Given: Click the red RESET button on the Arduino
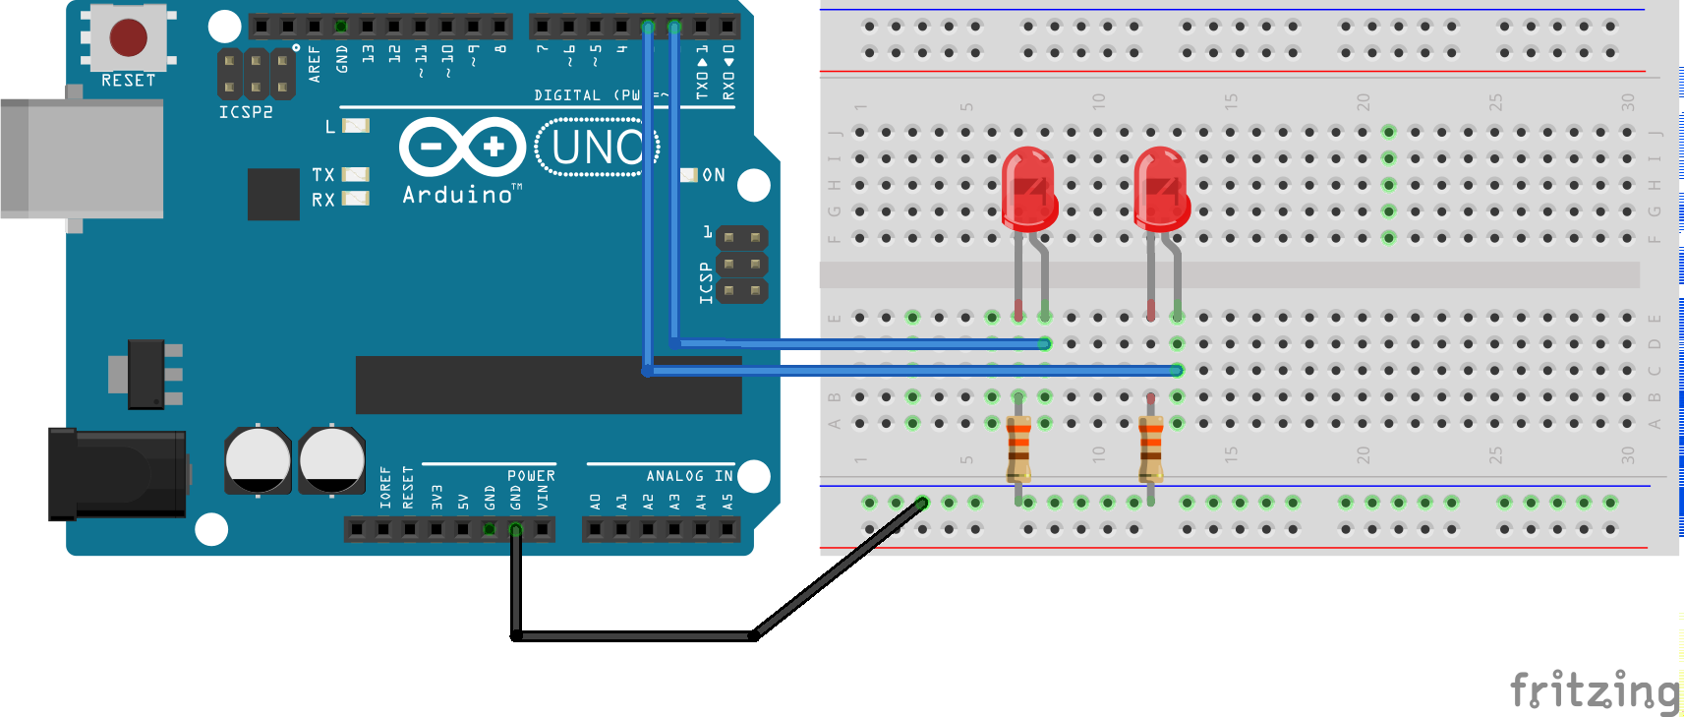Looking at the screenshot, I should pos(129,37).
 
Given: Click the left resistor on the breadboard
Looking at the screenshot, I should pos(1018,448).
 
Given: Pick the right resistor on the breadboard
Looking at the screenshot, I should pos(1151,448).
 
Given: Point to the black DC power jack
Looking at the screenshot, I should pos(117,473).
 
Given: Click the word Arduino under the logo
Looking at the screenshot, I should pos(458,195).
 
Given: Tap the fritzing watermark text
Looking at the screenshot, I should pos(1595,689).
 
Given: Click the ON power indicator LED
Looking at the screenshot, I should pos(689,175).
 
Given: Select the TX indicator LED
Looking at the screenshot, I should pos(355,174).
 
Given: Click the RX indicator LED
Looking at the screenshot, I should pos(355,199).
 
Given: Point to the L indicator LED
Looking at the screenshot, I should pos(355,126).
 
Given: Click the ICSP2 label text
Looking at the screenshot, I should pos(246,112).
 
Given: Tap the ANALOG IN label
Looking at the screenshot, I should pos(689,476).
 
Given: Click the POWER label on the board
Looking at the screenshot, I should pos(531,476).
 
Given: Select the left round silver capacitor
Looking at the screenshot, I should pos(258,460).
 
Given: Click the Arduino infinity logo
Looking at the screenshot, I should pos(463,148).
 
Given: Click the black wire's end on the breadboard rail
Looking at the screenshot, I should pos(921,503).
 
